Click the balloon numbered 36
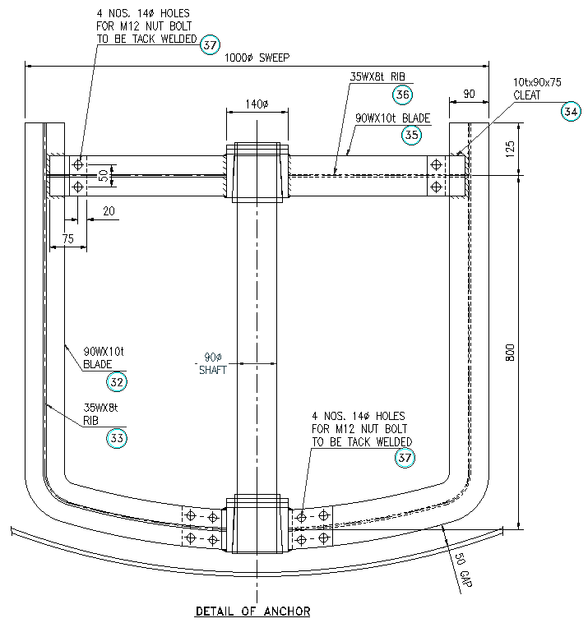click(x=402, y=95)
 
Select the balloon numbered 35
click(x=412, y=135)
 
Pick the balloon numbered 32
click(x=117, y=381)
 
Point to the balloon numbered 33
click(x=117, y=438)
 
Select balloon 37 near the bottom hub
click(x=405, y=458)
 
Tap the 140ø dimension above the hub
click(x=257, y=104)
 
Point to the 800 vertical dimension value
click(x=510, y=353)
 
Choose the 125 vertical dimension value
click(x=510, y=149)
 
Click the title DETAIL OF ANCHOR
click(x=252, y=611)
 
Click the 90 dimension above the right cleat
click(x=469, y=95)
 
